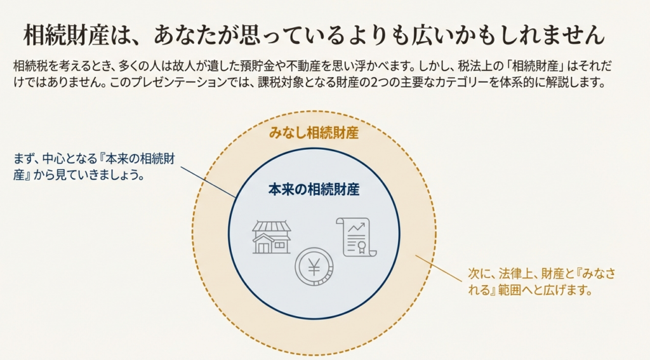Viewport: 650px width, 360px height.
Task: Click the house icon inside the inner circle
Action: point(271,237)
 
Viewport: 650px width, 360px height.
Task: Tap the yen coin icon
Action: point(314,267)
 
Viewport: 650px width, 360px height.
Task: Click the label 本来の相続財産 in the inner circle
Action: point(314,189)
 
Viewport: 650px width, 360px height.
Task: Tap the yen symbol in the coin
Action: point(314,268)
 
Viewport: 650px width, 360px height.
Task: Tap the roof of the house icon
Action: point(271,227)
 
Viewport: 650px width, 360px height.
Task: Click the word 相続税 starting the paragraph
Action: point(27,67)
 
